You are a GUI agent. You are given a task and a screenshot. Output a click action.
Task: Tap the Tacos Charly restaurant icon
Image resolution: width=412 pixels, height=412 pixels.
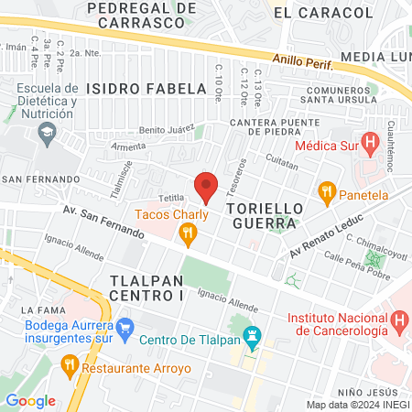tap(189, 236)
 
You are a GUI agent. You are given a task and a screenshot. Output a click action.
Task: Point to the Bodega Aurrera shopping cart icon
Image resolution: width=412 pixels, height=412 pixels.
tap(126, 326)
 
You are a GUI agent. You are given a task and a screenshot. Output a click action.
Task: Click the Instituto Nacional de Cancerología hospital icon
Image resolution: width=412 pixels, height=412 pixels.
tap(398, 321)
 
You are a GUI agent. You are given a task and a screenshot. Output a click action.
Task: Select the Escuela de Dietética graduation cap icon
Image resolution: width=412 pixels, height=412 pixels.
tap(45, 133)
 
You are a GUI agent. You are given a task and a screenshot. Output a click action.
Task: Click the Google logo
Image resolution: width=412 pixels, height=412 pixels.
tap(30, 400)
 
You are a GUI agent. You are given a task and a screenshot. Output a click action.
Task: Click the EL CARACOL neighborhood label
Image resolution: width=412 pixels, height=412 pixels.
tap(323, 13)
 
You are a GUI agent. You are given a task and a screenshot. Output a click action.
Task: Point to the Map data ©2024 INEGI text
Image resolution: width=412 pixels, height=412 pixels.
tap(357, 405)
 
